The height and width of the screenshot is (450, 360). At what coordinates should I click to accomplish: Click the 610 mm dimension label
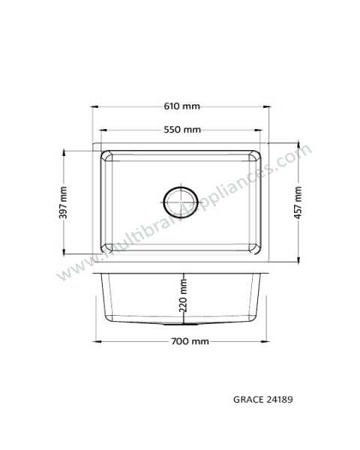point(181,106)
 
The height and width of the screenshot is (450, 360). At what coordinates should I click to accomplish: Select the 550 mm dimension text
point(182,130)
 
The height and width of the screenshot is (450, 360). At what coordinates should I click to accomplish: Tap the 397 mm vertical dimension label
point(63,202)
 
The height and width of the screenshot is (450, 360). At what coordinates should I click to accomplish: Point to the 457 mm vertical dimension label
point(298,202)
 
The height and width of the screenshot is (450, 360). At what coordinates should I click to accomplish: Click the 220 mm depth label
point(183,295)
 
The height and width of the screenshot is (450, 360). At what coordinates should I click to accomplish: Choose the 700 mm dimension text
point(190,341)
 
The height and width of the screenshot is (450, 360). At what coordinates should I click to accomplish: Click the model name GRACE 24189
point(263,400)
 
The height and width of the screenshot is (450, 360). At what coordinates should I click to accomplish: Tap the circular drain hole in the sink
point(181,202)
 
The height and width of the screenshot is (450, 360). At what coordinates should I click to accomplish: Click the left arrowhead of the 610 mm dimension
point(95,106)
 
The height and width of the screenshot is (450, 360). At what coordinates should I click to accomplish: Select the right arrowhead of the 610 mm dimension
point(267,106)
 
